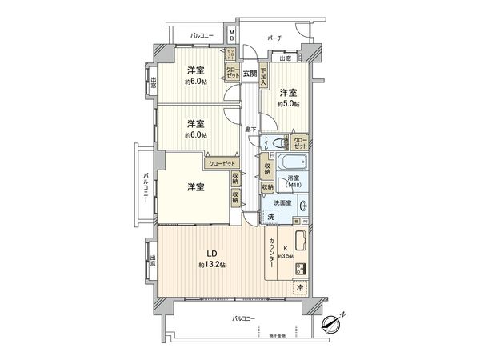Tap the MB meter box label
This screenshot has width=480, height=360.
pos(232,36)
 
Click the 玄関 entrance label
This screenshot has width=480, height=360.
pos(250,74)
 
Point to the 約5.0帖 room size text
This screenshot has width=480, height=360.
pos(289,104)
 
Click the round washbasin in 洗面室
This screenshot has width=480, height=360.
pos(305,204)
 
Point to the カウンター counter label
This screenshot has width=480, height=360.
pos(273,258)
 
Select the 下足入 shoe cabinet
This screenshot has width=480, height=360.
pos(262,77)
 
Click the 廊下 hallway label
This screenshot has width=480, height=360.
pos(250,130)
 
